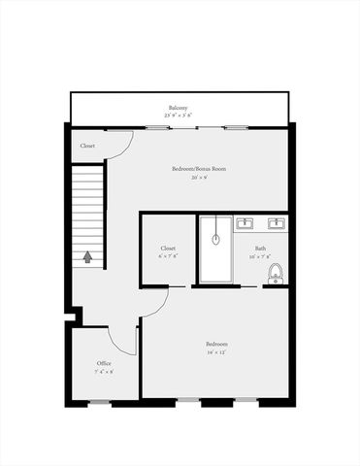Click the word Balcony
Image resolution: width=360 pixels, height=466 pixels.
(177, 107)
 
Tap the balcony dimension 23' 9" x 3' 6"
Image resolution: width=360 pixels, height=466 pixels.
(177, 115)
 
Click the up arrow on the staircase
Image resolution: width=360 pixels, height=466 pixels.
(88, 257)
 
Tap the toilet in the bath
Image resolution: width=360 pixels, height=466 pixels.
(275, 273)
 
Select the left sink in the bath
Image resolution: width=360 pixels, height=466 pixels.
(244, 224)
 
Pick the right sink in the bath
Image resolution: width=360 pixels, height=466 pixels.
(276, 224)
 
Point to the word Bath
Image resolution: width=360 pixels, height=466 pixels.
(261, 249)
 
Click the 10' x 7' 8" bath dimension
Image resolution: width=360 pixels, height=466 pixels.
(261, 257)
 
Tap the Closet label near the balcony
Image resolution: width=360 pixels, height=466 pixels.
(87, 146)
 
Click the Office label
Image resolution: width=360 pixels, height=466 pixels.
(104, 363)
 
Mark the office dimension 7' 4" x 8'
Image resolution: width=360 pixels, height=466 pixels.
(104, 372)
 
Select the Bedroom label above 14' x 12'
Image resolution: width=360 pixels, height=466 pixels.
(216, 345)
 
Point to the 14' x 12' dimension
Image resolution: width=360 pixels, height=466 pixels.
(216, 353)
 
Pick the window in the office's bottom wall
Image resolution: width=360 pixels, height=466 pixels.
(99, 402)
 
